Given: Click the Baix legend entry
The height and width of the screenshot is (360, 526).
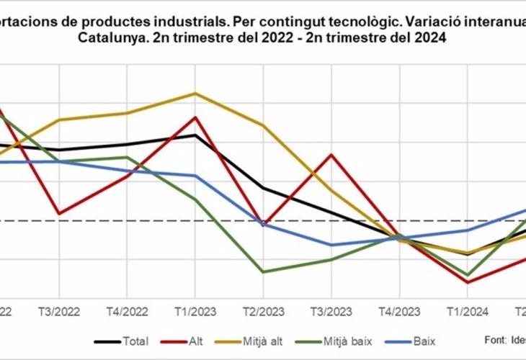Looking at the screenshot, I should (x=425, y=341).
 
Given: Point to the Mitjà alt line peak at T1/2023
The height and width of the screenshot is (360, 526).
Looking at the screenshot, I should (x=195, y=93).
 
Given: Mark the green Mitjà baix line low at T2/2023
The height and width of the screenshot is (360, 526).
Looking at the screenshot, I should (x=262, y=272).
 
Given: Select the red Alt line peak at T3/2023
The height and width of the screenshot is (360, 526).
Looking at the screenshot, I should (x=331, y=154).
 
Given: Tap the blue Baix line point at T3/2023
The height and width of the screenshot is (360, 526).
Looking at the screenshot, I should (x=331, y=245).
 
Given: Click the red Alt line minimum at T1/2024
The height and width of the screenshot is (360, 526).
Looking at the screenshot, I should (x=467, y=282).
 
